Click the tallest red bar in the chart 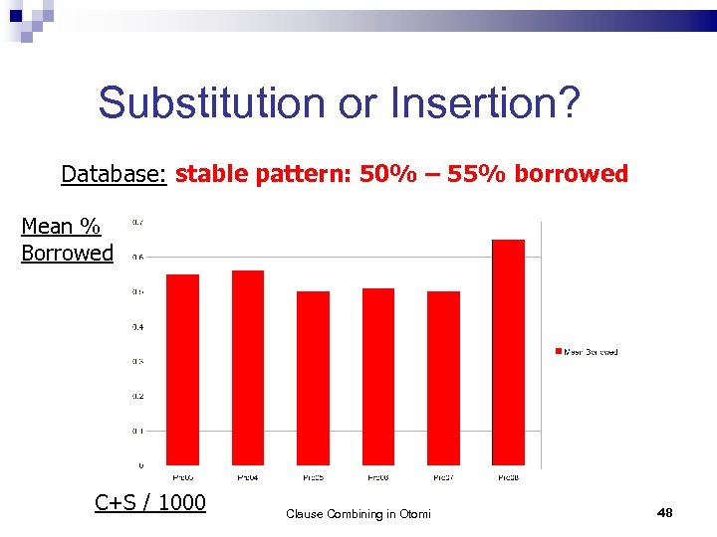(508, 352)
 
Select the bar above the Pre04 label (248, 367)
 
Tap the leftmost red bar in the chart (182, 369)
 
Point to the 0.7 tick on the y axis (137, 221)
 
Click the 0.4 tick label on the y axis (137, 326)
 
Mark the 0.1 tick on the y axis (137, 431)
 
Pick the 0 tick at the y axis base (139, 465)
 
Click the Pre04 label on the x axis (248, 478)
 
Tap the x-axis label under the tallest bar (508, 478)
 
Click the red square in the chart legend (558, 351)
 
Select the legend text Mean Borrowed (592, 352)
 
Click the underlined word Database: (114, 175)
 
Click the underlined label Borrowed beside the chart (68, 253)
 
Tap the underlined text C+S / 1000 (150, 502)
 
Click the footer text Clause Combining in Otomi (358, 514)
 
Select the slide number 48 (665, 512)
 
